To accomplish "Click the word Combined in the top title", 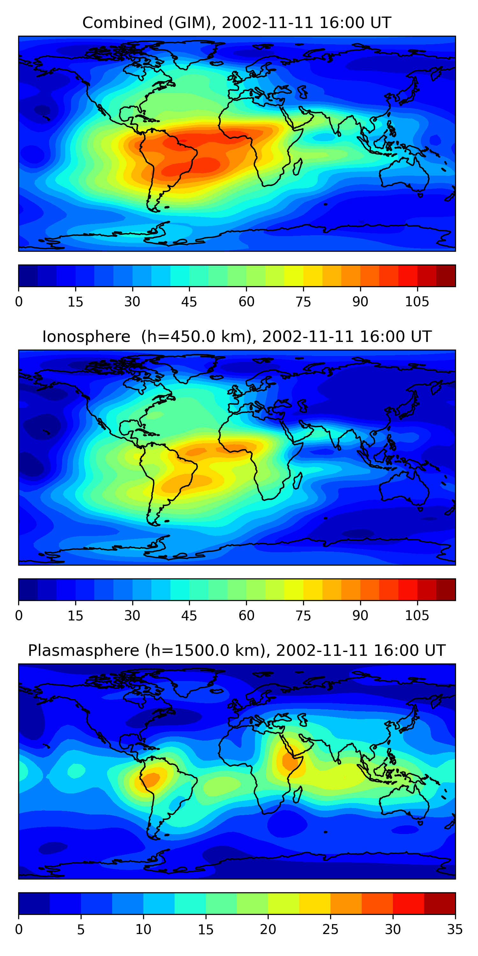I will pyautogui.click(x=122, y=23).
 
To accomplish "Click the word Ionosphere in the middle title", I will pyautogui.click(x=86, y=337).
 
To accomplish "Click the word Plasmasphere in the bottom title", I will pyautogui.click(x=83, y=651).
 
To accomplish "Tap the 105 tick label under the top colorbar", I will pyautogui.click(x=417, y=302).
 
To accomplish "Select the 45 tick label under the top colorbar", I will pyautogui.click(x=189, y=302).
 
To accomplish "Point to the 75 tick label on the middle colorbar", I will pyautogui.click(x=303, y=616).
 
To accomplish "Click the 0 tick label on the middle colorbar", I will pyautogui.click(x=19, y=616).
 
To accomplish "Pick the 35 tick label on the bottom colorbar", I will pyautogui.click(x=455, y=930).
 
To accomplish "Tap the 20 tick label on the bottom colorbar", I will pyautogui.click(x=268, y=930).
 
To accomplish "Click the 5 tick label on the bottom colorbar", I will pyautogui.click(x=81, y=930).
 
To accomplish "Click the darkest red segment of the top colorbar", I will pyautogui.click(x=446, y=276).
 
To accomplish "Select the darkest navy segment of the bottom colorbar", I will pyautogui.click(x=34, y=904).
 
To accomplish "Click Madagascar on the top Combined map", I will pyautogui.click(x=298, y=167).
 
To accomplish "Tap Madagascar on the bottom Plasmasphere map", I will pyautogui.click(x=298, y=795).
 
